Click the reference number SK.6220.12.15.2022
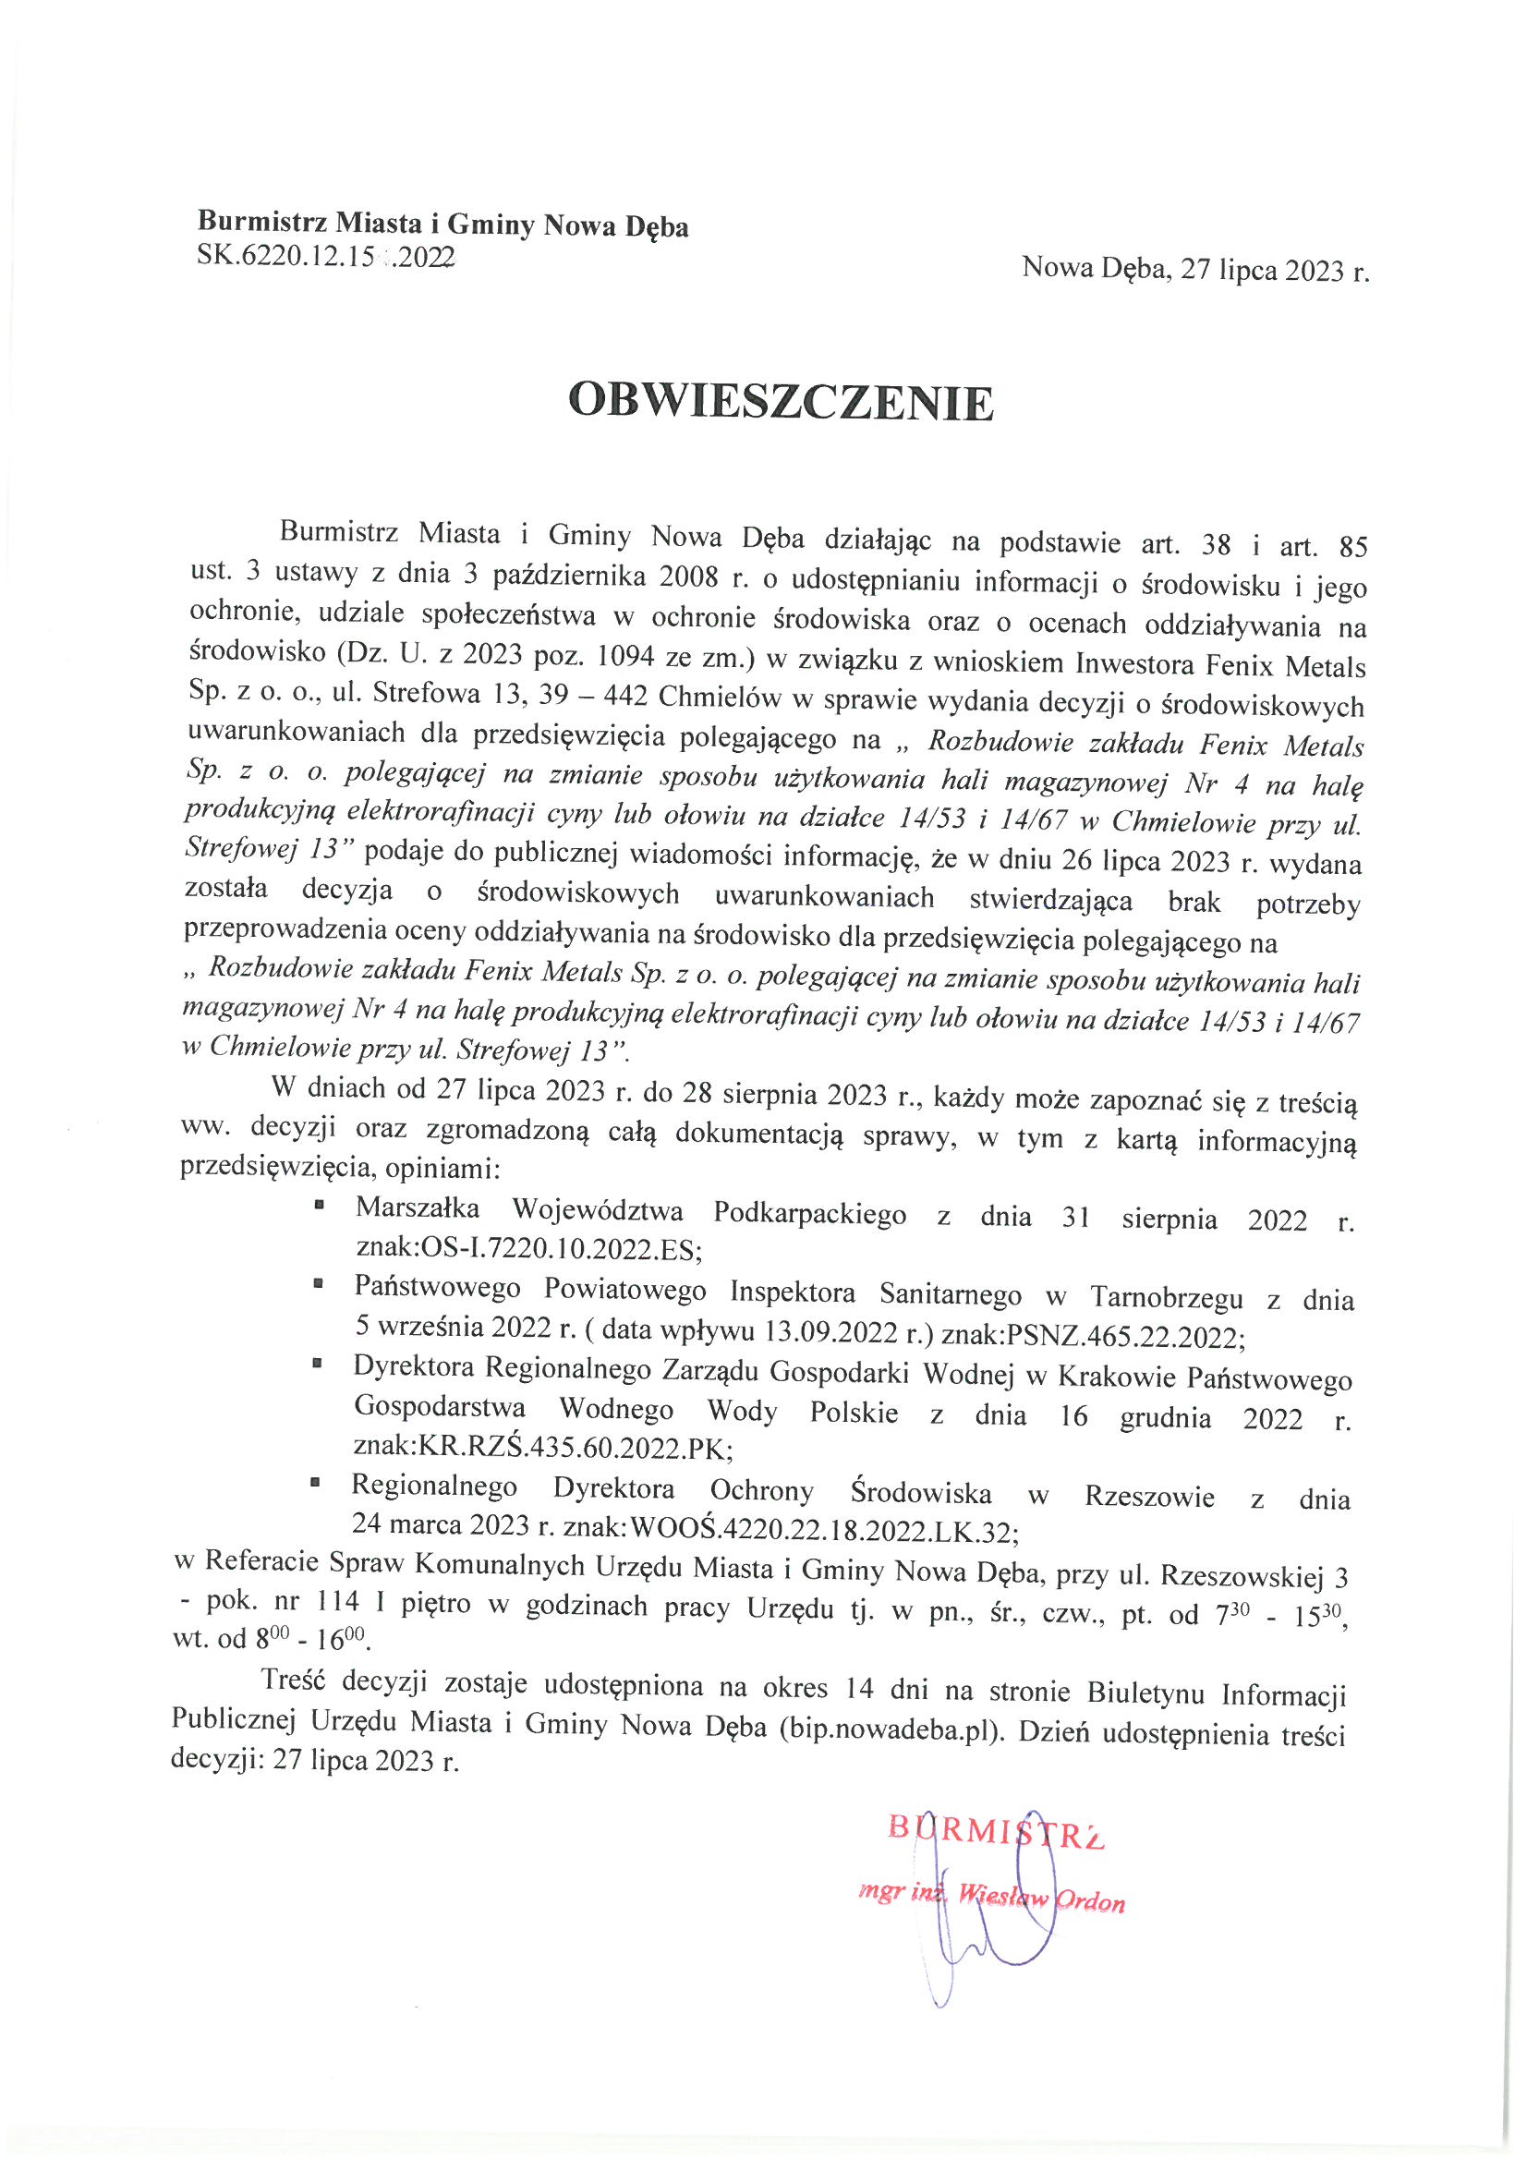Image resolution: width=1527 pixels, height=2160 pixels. [325, 256]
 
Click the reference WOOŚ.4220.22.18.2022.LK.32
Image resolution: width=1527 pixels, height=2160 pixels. [822, 1532]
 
